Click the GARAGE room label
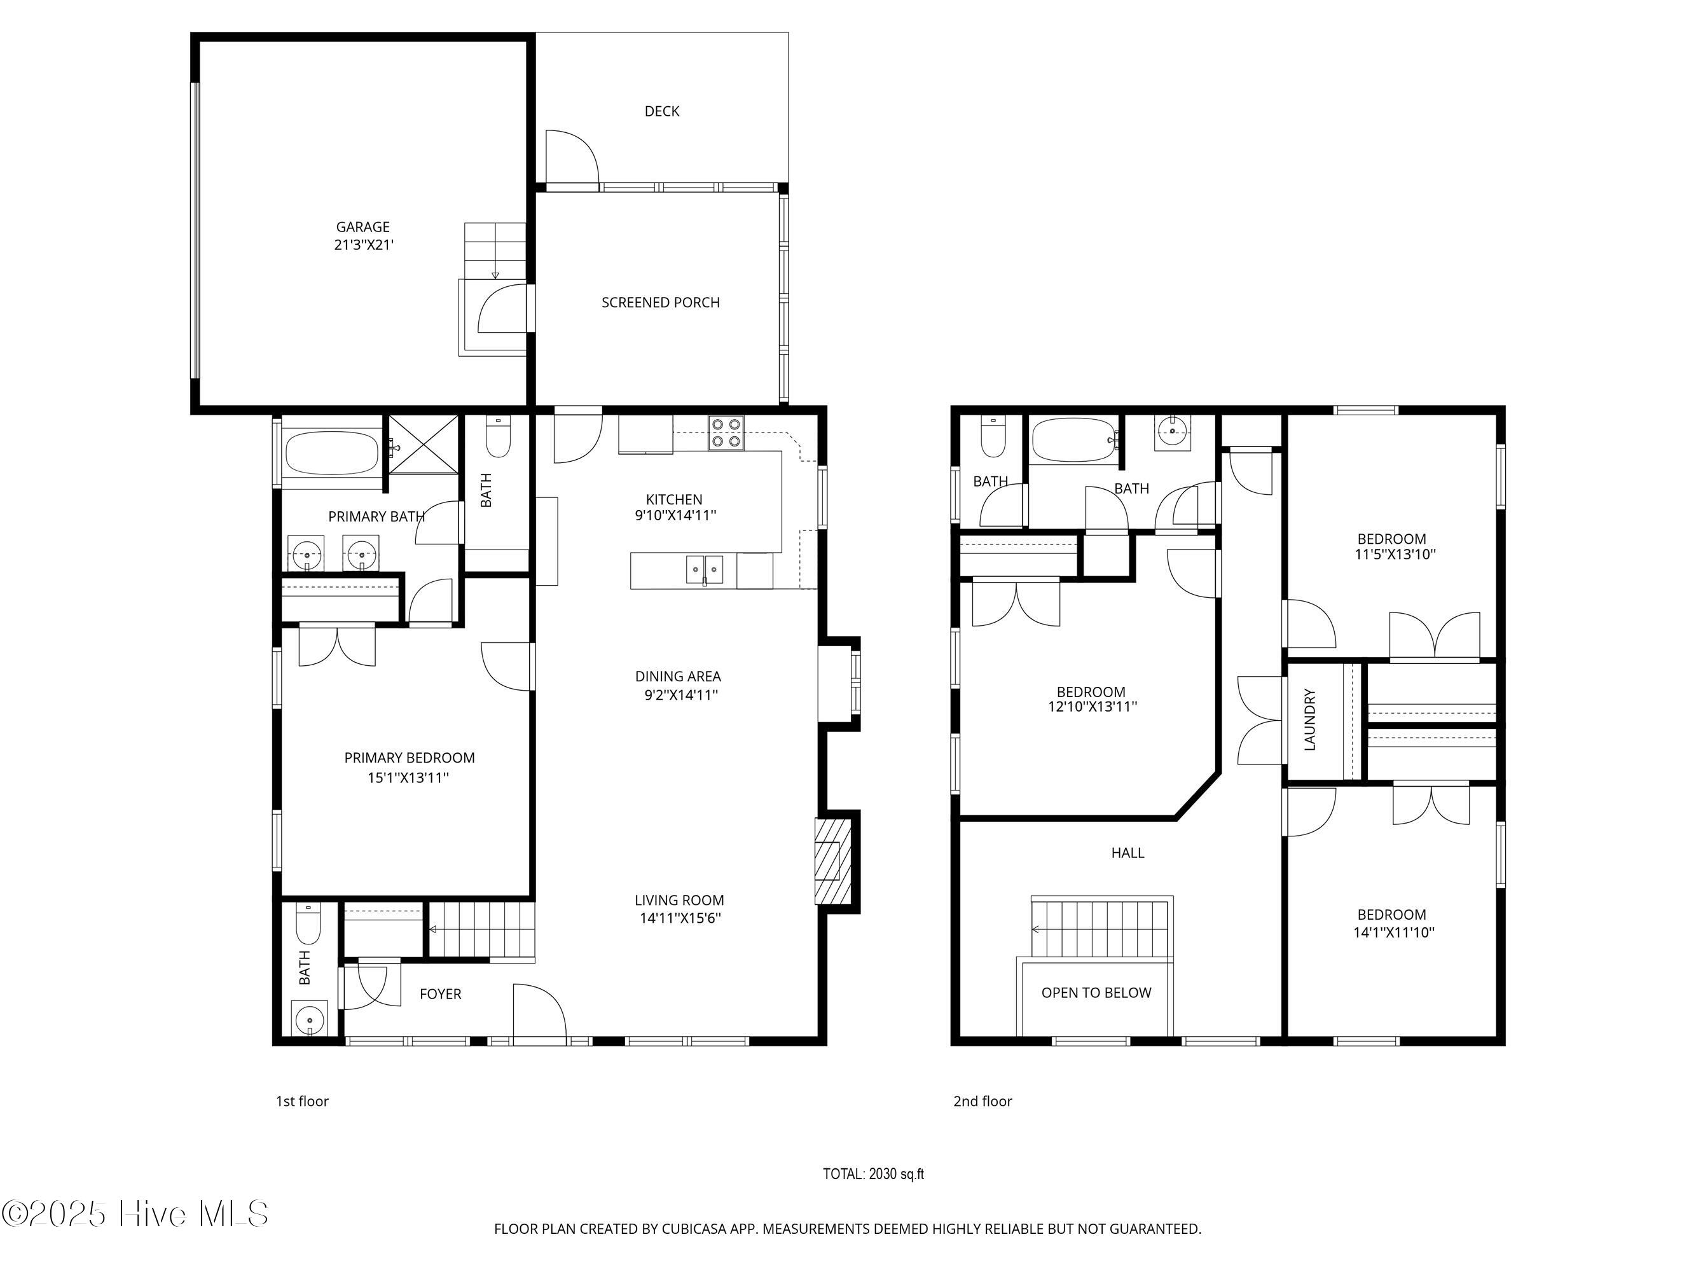(362, 227)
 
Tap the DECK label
(662, 111)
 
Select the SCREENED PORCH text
(660, 303)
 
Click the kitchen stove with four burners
(726, 432)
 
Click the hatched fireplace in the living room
(832, 861)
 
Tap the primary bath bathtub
(331, 453)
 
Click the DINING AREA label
(678, 676)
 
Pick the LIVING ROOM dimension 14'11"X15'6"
(680, 918)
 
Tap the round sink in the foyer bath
(309, 1019)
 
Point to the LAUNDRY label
(1309, 719)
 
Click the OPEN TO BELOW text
(1096, 993)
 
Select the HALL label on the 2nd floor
(1128, 853)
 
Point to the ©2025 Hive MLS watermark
(135, 1213)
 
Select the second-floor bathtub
(1074, 440)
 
